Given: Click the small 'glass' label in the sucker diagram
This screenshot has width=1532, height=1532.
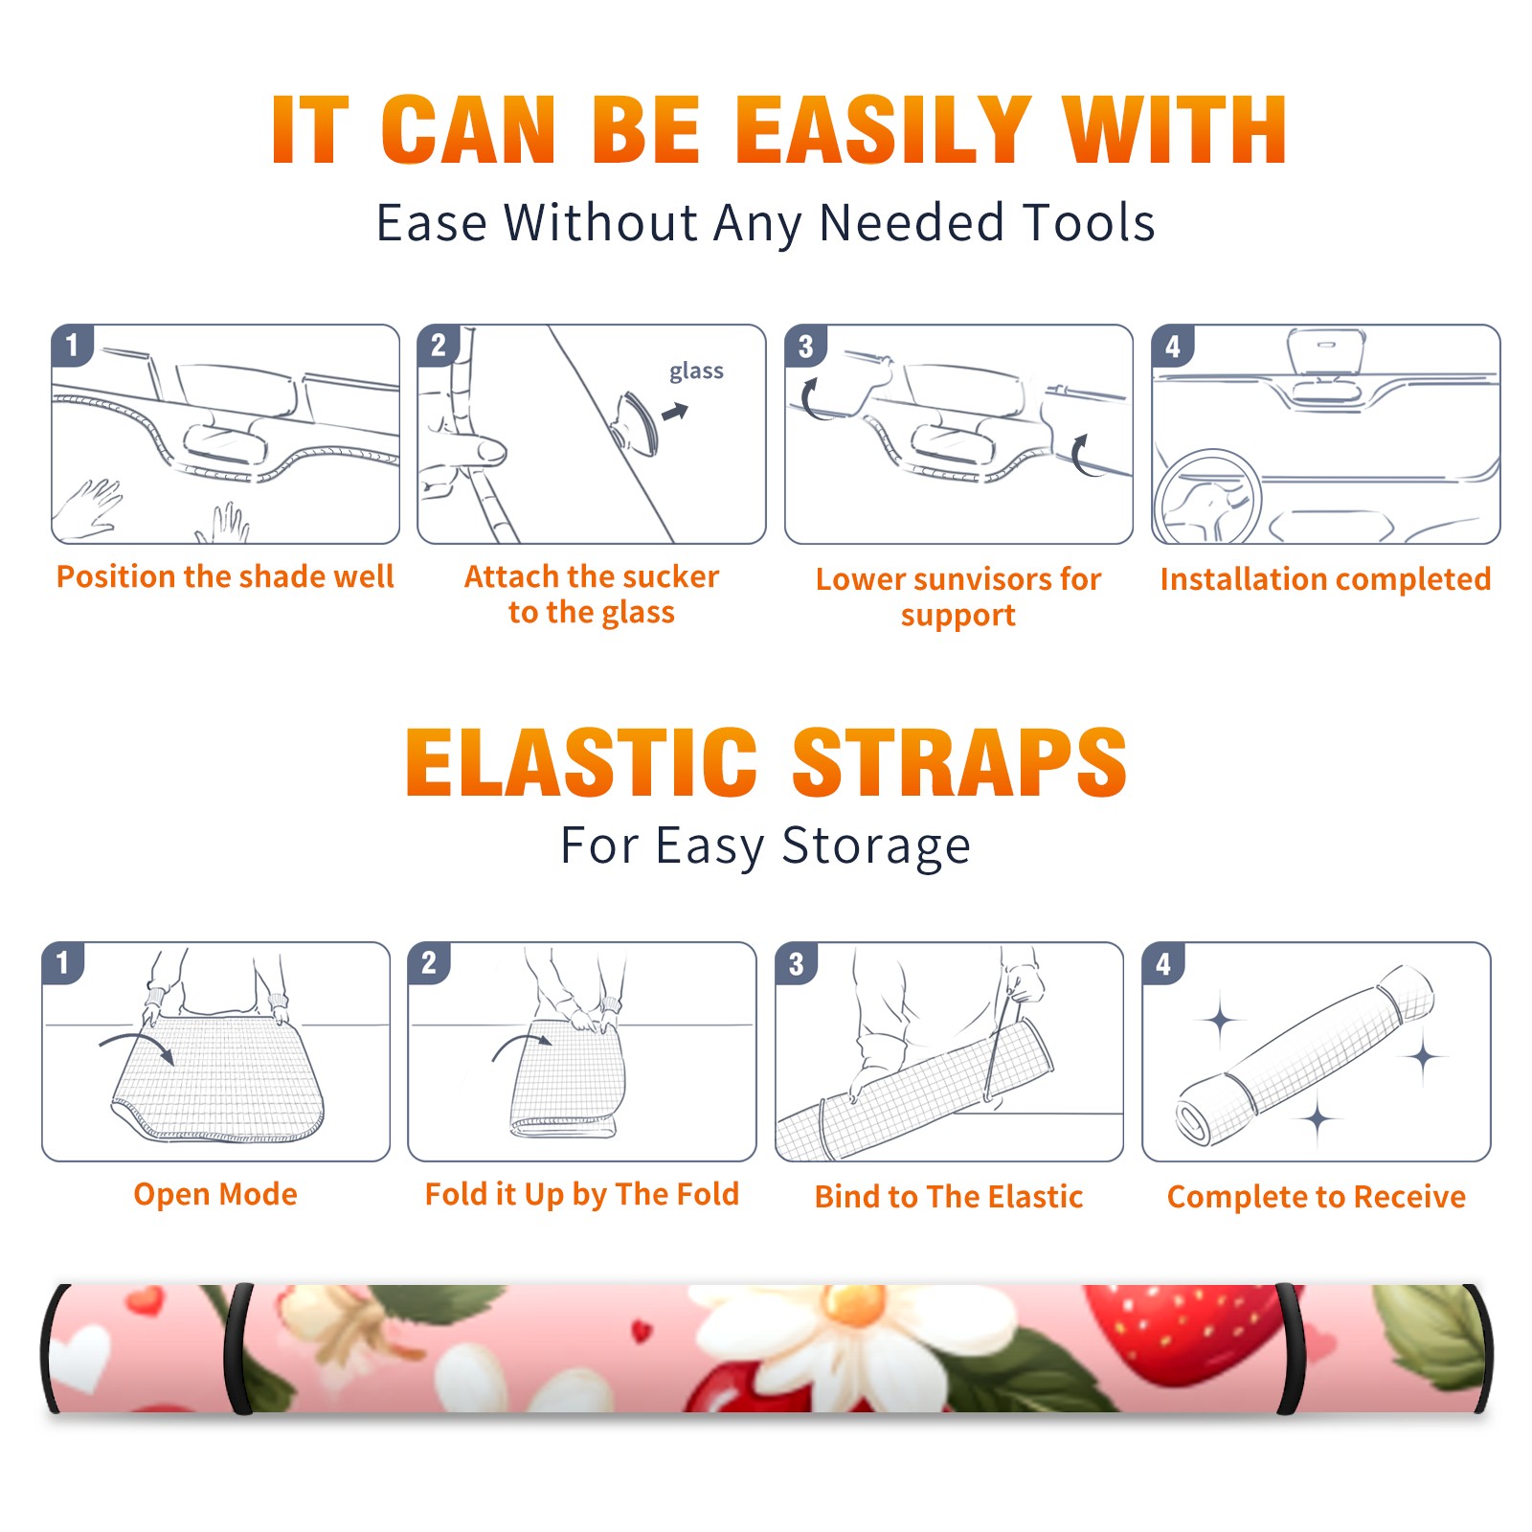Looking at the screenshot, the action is point(696,372).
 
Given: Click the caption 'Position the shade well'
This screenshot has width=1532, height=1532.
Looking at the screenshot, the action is point(225,576).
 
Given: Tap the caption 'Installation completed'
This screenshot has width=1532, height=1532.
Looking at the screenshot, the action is point(1325,579).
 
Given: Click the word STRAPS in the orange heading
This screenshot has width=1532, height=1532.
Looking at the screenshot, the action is point(959,762).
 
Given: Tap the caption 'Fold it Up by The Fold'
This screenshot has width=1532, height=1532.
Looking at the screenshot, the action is point(582,1194).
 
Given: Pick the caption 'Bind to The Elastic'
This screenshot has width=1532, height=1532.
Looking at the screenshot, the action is point(949,1197).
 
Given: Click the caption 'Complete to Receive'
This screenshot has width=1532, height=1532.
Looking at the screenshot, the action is point(1317,1197).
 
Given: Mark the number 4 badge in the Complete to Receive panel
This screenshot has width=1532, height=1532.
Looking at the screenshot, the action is point(1163,963).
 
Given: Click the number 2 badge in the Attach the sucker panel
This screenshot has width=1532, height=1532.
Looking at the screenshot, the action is point(439,346).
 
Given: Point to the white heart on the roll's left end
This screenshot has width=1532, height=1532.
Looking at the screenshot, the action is point(80,1355).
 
